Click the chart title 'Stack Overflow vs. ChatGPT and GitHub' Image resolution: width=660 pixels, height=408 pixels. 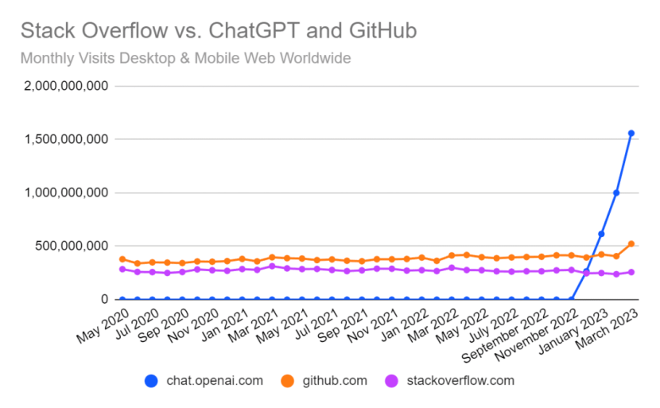(218, 31)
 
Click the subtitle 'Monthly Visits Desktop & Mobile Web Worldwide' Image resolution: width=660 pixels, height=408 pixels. (185, 58)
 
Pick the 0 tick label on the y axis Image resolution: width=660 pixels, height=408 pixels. (103, 299)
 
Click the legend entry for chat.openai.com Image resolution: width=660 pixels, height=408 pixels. (204, 380)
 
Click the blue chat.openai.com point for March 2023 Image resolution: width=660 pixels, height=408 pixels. (631, 133)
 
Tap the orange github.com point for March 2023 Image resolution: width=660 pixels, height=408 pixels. (631, 244)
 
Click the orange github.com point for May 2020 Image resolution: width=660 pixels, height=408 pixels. (122, 259)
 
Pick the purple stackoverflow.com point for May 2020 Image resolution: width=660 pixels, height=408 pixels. (122, 269)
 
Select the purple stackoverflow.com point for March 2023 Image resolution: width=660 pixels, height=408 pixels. (631, 272)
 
